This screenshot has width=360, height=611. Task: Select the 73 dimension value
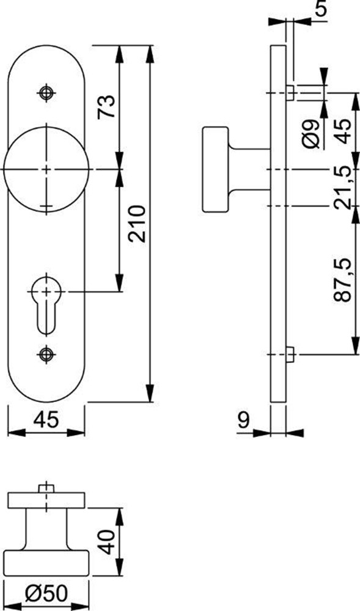[x=106, y=107]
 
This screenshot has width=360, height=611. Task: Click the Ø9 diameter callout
[x=311, y=134]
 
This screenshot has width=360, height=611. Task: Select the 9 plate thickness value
[x=242, y=420]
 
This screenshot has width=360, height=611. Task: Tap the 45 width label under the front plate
[x=46, y=420]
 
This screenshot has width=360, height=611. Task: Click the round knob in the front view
[x=46, y=168]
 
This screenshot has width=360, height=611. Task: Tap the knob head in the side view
[x=215, y=169]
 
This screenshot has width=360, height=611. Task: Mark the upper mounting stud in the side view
[x=290, y=93]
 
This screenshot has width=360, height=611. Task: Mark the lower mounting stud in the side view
[x=290, y=354]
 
